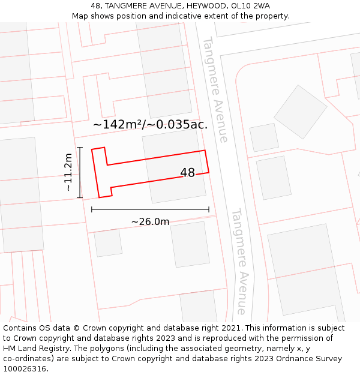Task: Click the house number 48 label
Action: [187, 173]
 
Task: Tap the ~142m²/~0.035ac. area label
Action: [150, 125]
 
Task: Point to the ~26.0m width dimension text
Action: [150, 221]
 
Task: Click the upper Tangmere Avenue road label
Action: [215, 89]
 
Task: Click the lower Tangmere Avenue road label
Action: [239, 260]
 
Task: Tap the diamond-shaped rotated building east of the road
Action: [300, 112]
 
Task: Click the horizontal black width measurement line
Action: [150, 209]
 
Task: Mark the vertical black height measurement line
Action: [80, 172]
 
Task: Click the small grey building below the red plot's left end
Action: [108, 243]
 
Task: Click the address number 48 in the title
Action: [96, 6]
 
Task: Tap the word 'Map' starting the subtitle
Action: [80, 16]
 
